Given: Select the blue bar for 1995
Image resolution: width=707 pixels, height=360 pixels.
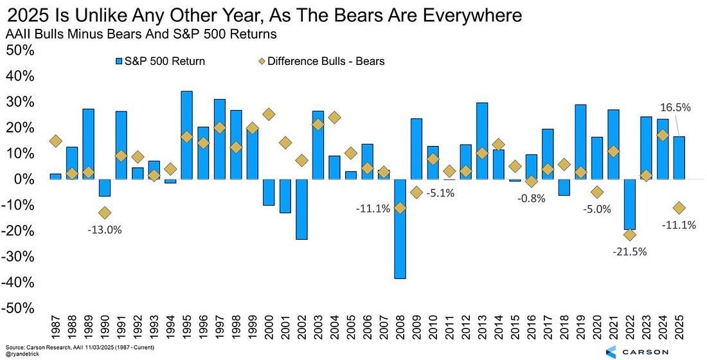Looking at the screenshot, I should [x=186, y=135].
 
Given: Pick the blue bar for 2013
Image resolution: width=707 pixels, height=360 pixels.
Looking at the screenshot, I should [x=482, y=141].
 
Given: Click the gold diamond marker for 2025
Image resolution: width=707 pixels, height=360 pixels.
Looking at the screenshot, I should [x=679, y=208].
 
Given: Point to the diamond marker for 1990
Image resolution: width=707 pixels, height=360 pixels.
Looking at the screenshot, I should [x=105, y=213].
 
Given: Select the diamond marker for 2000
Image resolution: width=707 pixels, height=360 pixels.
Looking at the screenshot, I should [x=269, y=114].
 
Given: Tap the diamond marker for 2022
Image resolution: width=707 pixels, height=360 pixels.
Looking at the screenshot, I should [x=630, y=235].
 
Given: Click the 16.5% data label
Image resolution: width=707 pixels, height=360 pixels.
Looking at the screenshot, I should [x=675, y=108].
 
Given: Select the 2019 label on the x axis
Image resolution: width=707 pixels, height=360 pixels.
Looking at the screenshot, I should [x=581, y=332].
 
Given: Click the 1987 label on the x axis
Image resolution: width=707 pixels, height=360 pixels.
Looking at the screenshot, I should [x=55, y=332].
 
